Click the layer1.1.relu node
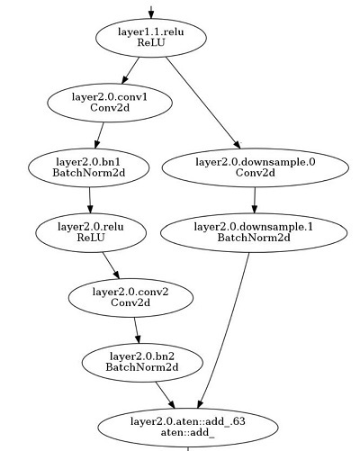tap(150, 37)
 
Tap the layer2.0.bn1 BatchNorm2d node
tap(87, 166)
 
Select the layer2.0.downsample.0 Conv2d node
tap(256, 166)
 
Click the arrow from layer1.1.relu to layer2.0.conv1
tap(130, 69)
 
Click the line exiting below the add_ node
tap(187, 446)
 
